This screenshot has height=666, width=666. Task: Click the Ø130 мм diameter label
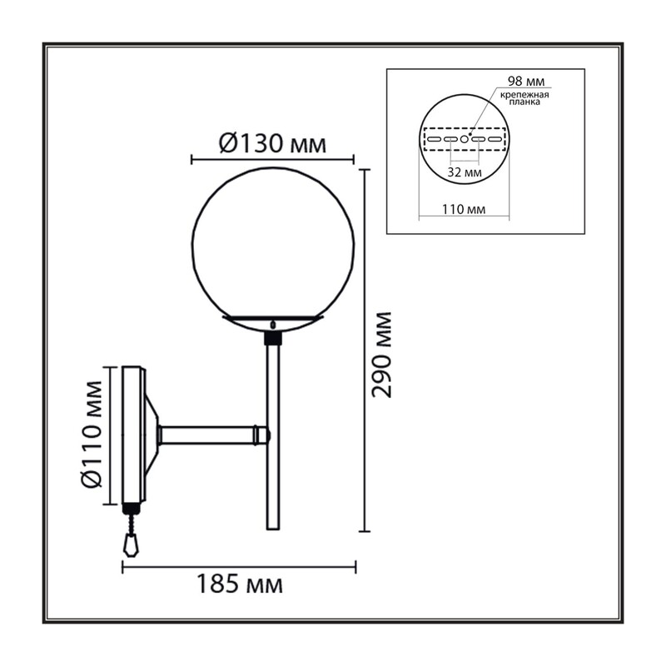tap(272, 144)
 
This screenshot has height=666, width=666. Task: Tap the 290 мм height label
tap(382, 355)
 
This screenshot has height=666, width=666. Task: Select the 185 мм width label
tap(239, 584)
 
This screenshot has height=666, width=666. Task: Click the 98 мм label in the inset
tap(526, 81)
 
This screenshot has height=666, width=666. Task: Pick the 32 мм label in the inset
tap(465, 172)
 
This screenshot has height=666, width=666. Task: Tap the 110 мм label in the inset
tap(464, 209)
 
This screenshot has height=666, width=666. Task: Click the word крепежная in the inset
tap(524, 95)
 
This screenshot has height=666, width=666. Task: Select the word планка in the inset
tap(524, 102)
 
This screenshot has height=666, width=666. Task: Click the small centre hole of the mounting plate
tap(465, 139)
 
